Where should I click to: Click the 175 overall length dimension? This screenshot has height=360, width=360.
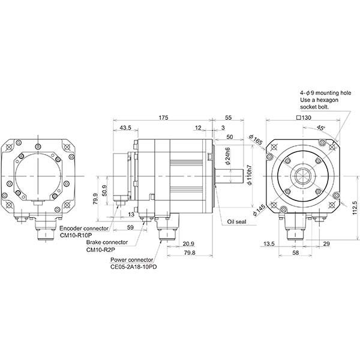pyautogui.click(x=164, y=118)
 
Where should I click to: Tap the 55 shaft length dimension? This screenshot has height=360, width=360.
pyautogui.click(x=229, y=118)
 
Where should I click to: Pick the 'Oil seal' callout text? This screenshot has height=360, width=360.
pyautogui.click(x=236, y=221)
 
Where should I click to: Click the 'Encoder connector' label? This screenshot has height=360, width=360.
pyautogui.click(x=83, y=229)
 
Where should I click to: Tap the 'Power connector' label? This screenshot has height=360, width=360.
pyautogui.click(x=133, y=259)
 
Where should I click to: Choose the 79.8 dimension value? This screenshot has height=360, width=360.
pyautogui.click(x=188, y=253)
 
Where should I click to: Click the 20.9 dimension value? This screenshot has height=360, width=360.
pyautogui.click(x=188, y=243)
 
